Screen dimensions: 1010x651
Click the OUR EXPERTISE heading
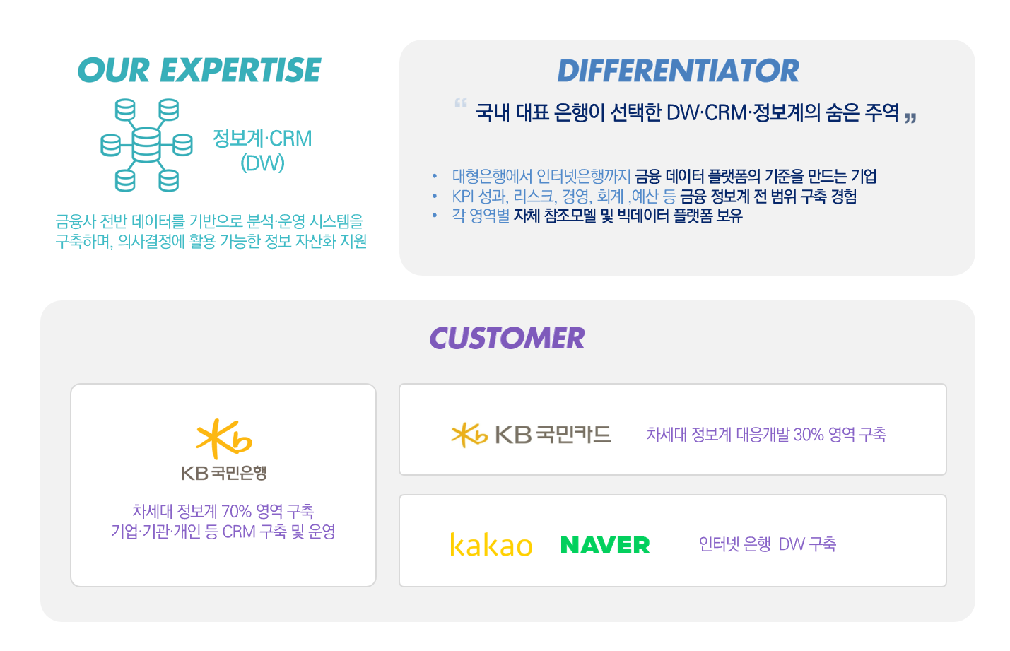point(199,70)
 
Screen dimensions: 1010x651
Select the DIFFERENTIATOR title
point(678,71)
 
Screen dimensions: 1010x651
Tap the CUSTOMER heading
point(507,338)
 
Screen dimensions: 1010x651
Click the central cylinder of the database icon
point(146,145)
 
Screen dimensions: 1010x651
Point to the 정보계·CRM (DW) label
point(262,151)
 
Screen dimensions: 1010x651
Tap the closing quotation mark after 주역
point(910,118)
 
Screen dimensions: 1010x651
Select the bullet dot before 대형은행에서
point(435,176)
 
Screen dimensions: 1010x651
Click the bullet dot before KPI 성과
point(435,196)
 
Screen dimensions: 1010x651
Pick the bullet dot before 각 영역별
point(435,216)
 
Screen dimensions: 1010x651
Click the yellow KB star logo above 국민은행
point(223,439)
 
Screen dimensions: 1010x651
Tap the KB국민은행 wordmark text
point(224,473)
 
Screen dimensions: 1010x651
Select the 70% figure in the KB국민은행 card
point(236,511)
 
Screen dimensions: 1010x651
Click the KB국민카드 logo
point(532,435)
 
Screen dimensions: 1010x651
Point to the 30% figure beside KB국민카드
point(809,435)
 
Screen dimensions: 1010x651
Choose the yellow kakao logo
point(491,544)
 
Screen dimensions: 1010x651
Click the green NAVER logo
point(605,545)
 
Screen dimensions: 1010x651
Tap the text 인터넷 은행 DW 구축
point(768,544)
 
